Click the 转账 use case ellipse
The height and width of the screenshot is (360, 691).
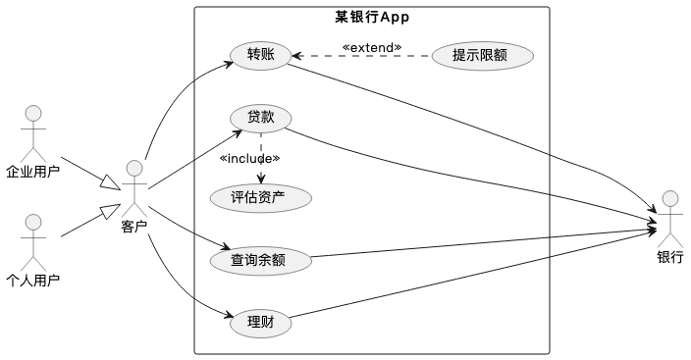(261, 56)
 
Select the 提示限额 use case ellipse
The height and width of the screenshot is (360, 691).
(483, 56)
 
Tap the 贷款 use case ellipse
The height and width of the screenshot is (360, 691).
(261, 118)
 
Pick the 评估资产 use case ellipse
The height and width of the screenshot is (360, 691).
(261, 198)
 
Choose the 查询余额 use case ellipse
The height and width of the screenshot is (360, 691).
(261, 260)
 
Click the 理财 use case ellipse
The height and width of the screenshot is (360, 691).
(261, 323)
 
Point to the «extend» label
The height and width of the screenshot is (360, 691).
(372, 48)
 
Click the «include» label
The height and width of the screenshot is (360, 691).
(249, 158)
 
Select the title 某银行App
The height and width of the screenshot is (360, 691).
(372, 18)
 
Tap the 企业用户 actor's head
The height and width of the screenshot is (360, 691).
(33, 113)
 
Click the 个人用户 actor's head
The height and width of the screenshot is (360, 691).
(33, 223)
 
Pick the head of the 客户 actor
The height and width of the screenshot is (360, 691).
(134, 168)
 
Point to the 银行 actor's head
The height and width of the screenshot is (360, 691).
(670, 199)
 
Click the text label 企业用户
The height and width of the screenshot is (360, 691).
(33, 172)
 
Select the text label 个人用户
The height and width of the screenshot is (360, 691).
(33, 281)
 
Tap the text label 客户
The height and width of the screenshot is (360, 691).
(133, 227)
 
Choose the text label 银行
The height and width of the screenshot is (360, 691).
(670, 257)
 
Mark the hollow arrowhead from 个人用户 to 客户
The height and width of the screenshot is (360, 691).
(110, 211)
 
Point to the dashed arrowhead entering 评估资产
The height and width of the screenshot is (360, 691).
(261, 179)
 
